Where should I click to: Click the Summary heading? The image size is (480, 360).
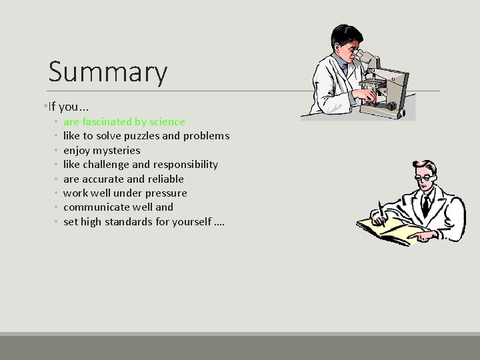[108, 73]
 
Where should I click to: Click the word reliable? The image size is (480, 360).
[165, 179]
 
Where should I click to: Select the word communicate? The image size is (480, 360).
[93, 207]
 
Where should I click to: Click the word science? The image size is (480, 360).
[168, 122]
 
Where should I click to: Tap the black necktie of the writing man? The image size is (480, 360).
[425, 203]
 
